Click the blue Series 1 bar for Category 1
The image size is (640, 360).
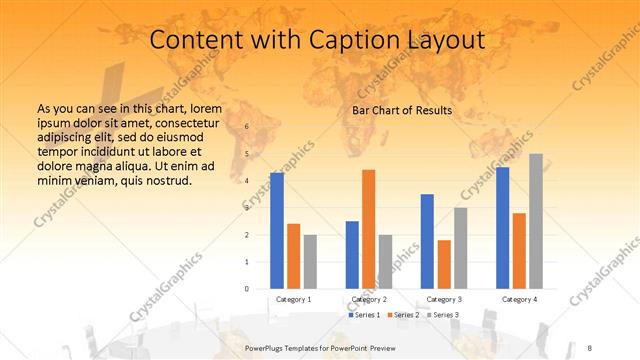coord(277,231)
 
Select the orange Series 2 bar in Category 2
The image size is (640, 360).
coord(368,229)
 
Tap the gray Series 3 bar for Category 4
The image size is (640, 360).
coord(536,221)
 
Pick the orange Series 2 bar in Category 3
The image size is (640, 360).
coord(444,264)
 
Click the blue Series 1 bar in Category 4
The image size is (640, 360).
coord(502,228)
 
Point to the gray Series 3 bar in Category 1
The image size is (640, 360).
coord(310,262)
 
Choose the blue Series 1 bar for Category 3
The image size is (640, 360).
coord(427,241)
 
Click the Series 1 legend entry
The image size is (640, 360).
coord(364,315)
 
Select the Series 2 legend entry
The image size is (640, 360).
coord(403,315)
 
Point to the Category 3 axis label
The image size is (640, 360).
coord(444,299)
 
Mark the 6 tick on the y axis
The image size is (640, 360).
coord(247,127)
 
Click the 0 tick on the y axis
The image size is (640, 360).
coord(247,289)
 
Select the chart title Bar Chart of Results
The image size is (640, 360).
coord(402,110)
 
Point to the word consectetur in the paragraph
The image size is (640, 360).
coord(181,121)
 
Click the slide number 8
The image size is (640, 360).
coord(590,346)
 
